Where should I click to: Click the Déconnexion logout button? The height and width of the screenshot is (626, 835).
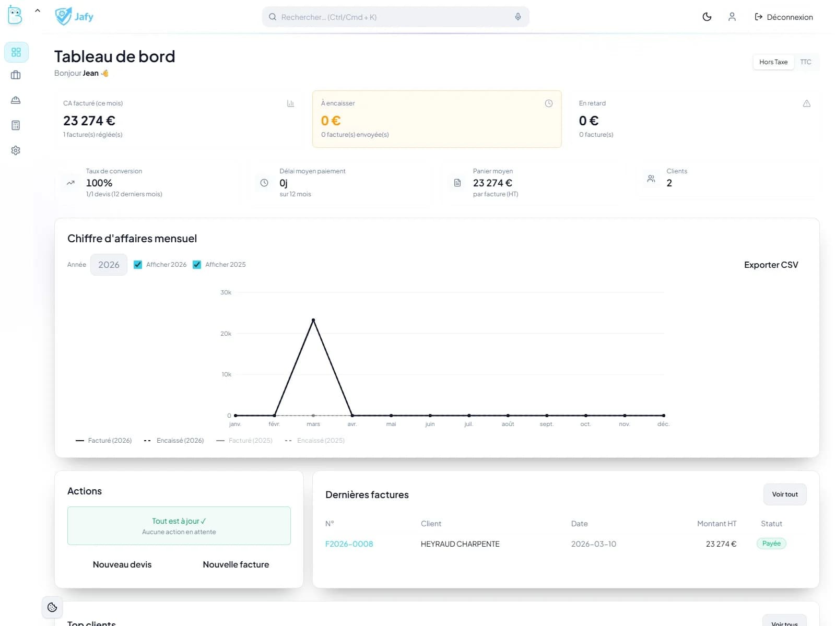(784, 17)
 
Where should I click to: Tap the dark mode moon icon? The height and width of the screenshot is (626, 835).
(707, 17)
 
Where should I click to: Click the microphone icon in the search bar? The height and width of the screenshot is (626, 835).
(518, 17)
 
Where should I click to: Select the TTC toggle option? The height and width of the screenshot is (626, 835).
(805, 62)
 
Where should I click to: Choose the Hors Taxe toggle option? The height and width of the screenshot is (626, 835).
(773, 62)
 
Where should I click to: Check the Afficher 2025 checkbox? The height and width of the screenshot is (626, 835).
(197, 265)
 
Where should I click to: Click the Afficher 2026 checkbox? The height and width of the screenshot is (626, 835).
(138, 265)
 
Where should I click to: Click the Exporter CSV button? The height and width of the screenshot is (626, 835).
(771, 265)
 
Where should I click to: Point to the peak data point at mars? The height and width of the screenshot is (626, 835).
(313, 320)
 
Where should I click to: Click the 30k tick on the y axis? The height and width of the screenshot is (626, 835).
(226, 292)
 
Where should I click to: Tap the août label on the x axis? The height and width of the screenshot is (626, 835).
(508, 424)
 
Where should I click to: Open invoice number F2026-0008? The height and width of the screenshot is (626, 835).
(349, 544)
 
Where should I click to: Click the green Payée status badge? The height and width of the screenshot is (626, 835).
(771, 544)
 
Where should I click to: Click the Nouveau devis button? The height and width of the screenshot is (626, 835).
(122, 564)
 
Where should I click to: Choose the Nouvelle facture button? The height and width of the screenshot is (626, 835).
(236, 564)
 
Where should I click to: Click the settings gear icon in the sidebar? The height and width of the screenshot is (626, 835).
(16, 150)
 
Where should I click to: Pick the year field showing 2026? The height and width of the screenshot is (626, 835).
(109, 265)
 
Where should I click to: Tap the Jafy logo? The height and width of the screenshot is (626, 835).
(74, 17)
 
